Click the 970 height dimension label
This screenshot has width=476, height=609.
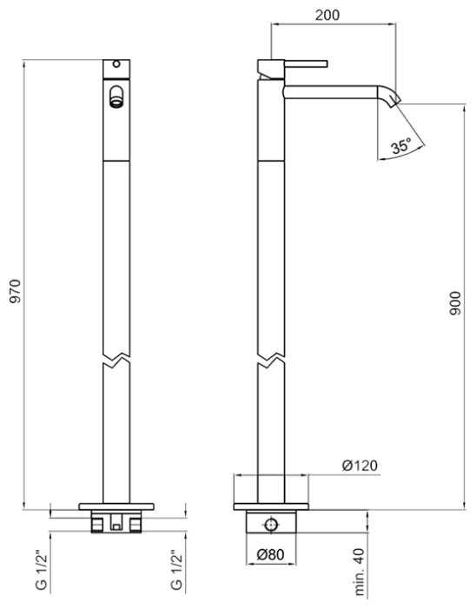click(15, 290)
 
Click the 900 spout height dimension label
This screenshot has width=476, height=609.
click(455, 303)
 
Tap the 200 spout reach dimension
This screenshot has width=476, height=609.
click(327, 15)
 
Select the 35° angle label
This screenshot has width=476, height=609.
click(400, 147)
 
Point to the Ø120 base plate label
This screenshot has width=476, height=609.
click(360, 466)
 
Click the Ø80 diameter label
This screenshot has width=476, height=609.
click(271, 554)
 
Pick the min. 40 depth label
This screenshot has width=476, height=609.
click(360, 572)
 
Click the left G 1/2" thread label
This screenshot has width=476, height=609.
click(41, 570)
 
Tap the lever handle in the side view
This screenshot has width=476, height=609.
click(307, 63)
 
